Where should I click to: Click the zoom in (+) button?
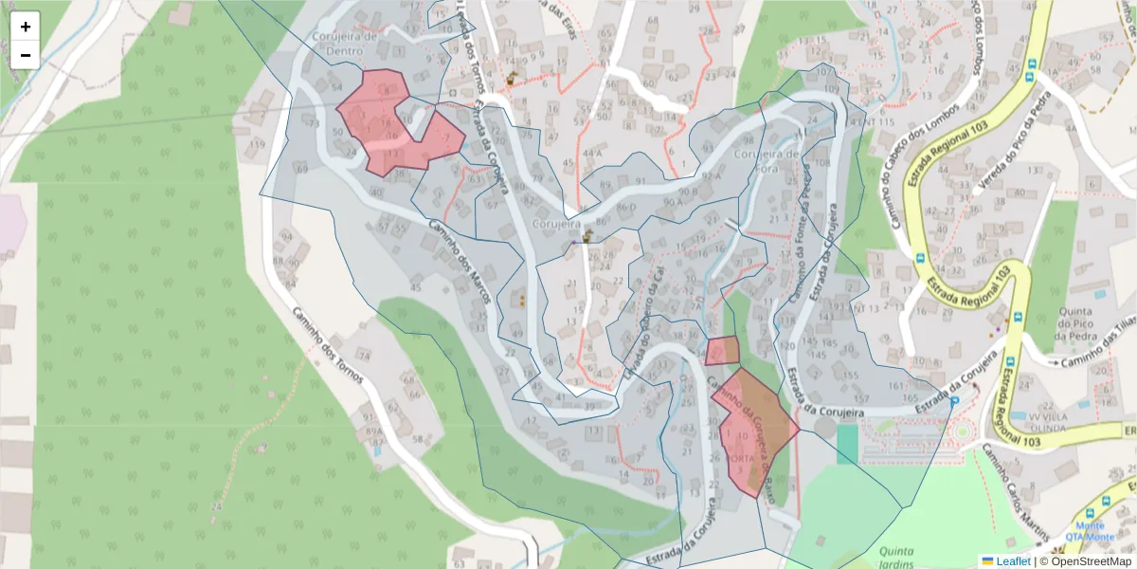(25, 27)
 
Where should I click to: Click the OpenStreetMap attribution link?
(1086, 561)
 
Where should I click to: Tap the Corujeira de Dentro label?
(345, 44)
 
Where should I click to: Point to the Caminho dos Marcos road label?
(460, 262)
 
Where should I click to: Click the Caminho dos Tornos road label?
(322, 341)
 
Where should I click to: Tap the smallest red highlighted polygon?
(722, 351)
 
